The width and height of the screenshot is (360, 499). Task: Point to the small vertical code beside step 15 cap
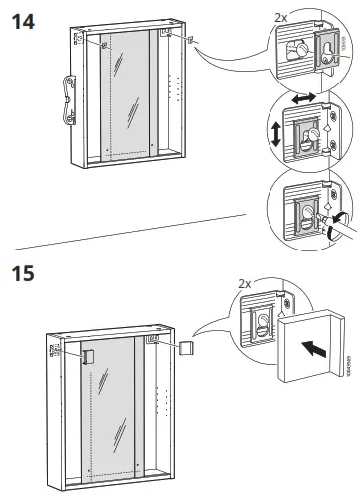click(x=350, y=369)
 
